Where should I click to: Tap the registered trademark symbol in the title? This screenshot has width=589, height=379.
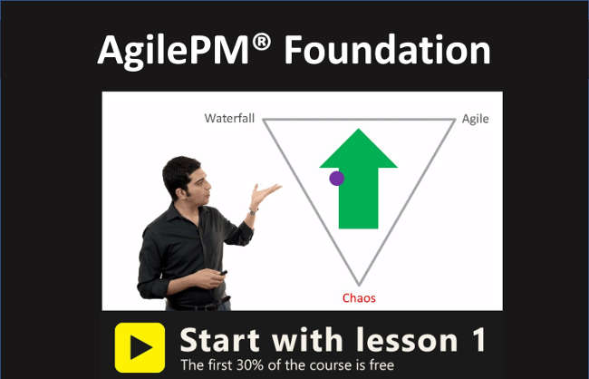[263, 41]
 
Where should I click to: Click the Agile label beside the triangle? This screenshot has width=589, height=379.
[475, 119]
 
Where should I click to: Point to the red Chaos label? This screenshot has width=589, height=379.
[359, 297]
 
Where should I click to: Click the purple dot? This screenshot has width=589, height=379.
[336, 179]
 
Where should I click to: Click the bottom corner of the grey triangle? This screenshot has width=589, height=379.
[359, 285]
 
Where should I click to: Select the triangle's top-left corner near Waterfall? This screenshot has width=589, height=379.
[265, 120]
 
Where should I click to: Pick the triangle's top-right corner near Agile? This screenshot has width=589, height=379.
[452, 120]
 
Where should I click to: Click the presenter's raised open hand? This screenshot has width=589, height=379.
[265, 193]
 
